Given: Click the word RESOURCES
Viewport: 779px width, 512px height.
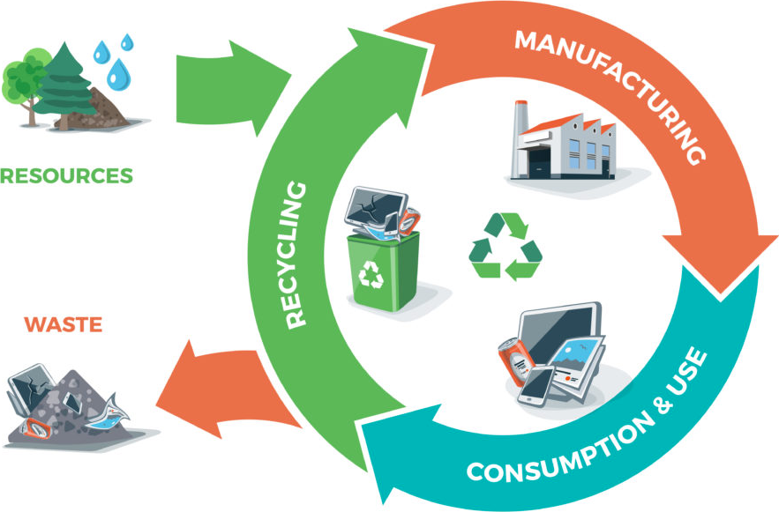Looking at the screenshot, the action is pyautogui.click(x=66, y=175).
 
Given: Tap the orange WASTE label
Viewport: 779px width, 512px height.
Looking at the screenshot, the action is pyautogui.click(x=64, y=324).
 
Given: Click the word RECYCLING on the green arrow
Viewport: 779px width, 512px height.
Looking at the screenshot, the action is pyautogui.click(x=296, y=254).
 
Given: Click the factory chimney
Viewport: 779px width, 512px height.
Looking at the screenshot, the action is pyautogui.click(x=521, y=138).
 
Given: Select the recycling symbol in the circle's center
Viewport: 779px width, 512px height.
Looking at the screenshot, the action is pyautogui.click(x=506, y=246).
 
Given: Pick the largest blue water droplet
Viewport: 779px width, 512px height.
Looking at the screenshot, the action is pyautogui.click(x=119, y=75).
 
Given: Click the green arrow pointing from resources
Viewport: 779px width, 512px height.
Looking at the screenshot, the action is pyautogui.click(x=233, y=88).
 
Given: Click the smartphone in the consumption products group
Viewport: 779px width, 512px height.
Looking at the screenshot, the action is pyautogui.click(x=536, y=387).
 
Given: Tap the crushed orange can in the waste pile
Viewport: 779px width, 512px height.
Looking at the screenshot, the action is pyautogui.click(x=36, y=428).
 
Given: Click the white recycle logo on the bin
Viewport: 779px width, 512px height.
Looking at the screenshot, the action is pyautogui.click(x=371, y=274).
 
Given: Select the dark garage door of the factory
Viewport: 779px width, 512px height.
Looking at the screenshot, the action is pyautogui.click(x=540, y=162).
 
